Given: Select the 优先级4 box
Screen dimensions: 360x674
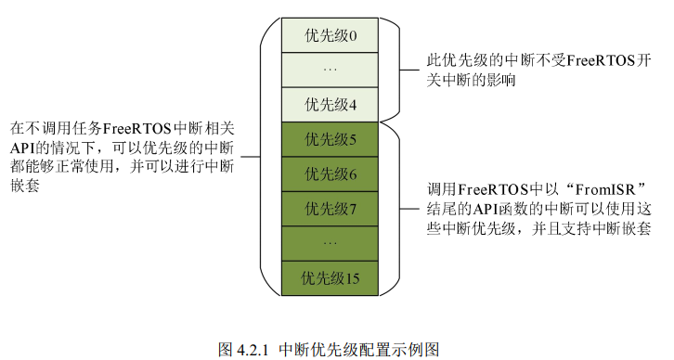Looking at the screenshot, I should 330,103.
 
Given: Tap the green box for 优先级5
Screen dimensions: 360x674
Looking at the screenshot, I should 330,139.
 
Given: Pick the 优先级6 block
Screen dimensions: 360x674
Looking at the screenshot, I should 330,174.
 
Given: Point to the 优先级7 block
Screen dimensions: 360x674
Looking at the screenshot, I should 330,208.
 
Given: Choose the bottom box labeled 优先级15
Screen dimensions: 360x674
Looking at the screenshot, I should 330,276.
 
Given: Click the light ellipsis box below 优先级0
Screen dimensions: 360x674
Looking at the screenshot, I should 330,70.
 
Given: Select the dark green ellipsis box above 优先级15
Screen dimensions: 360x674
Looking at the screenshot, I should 330,242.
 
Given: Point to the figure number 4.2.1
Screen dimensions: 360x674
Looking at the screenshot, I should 252,350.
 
